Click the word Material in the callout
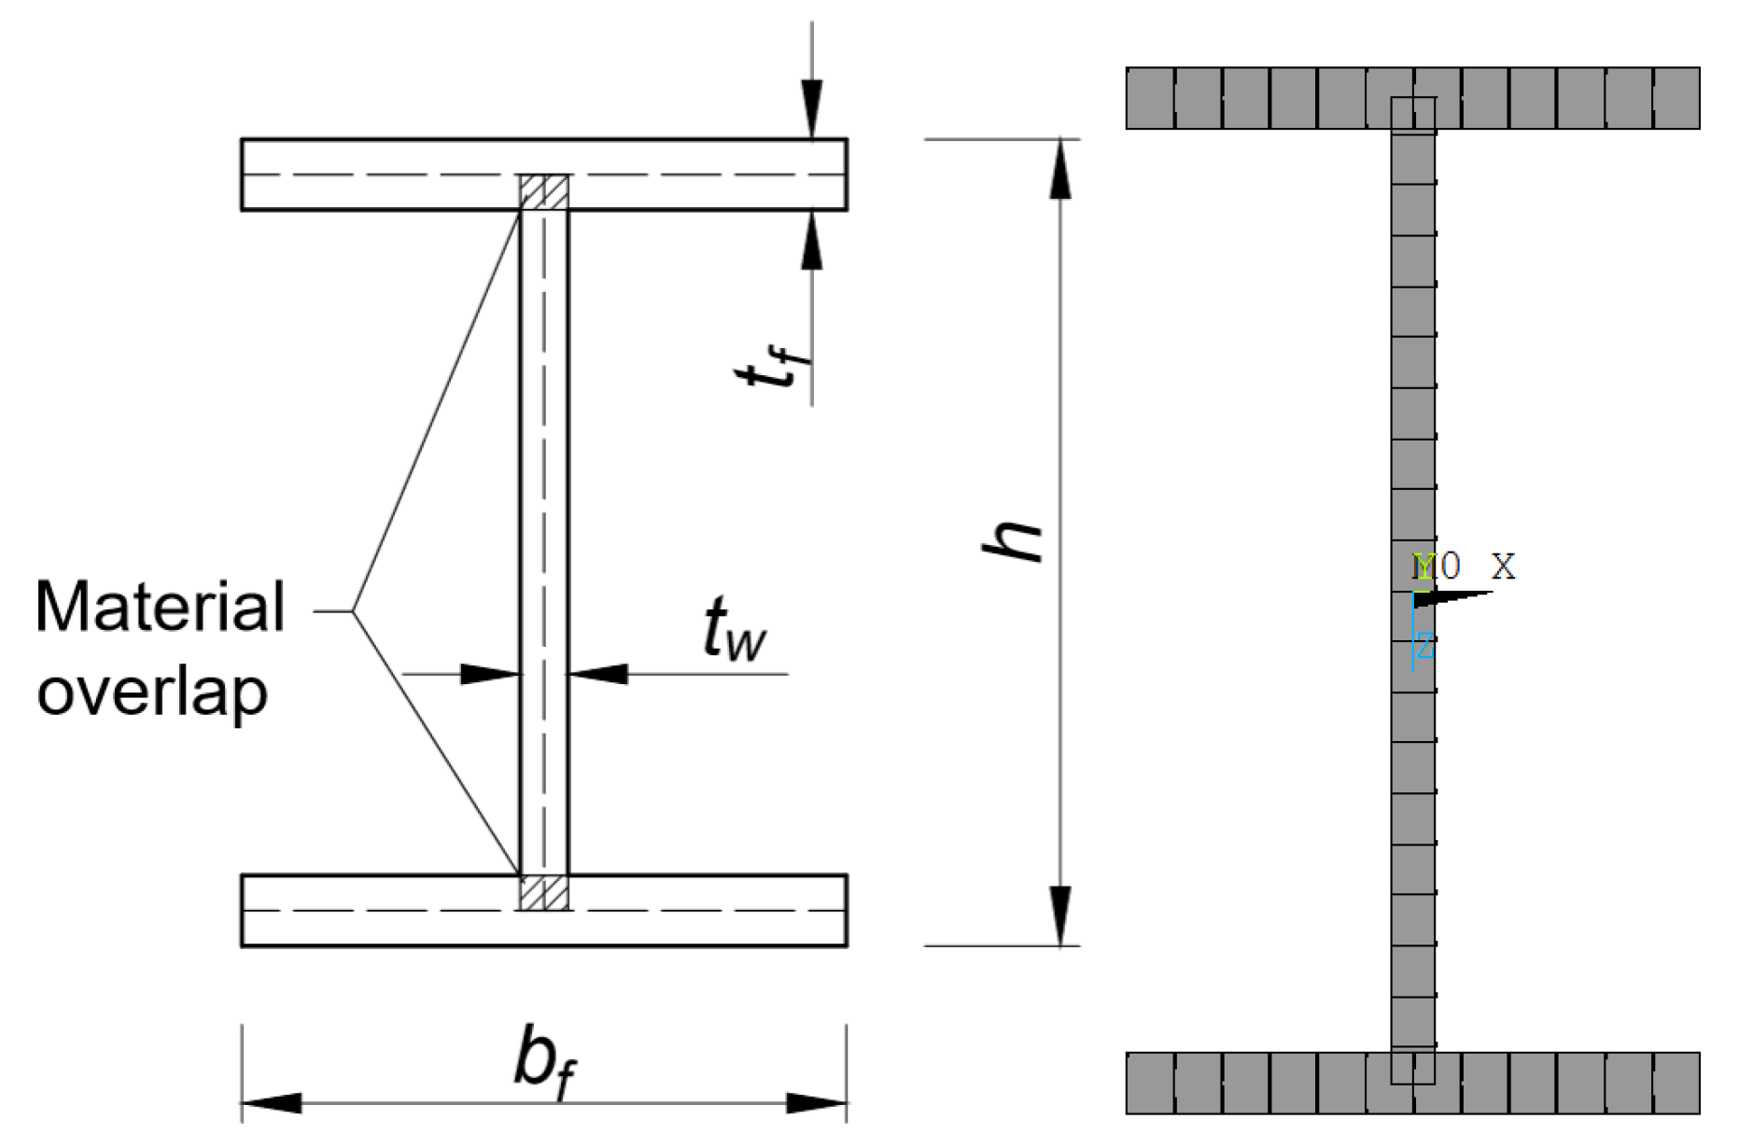(x=160, y=608)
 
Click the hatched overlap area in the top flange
(x=544, y=192)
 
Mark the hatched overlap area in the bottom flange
(x=544, y=892)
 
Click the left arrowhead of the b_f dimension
(x=272, y=1103)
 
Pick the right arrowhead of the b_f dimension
(x=817, y=1103)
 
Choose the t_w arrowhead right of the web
(x=598, y=673)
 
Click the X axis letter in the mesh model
(x=1503, y=566)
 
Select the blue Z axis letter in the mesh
(x=1424, y=645)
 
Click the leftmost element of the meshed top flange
(x=1150, y=98)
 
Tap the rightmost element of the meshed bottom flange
(x=1676, y=1083)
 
